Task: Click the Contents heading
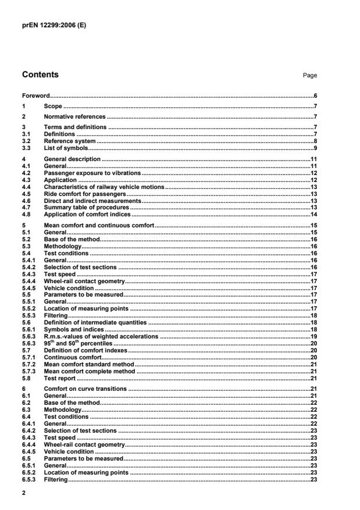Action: [x=40, y=74]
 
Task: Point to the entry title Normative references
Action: [x=75, y=116]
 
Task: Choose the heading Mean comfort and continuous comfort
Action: [x=99, y=225]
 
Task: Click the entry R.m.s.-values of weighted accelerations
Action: [x=101, y=336]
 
